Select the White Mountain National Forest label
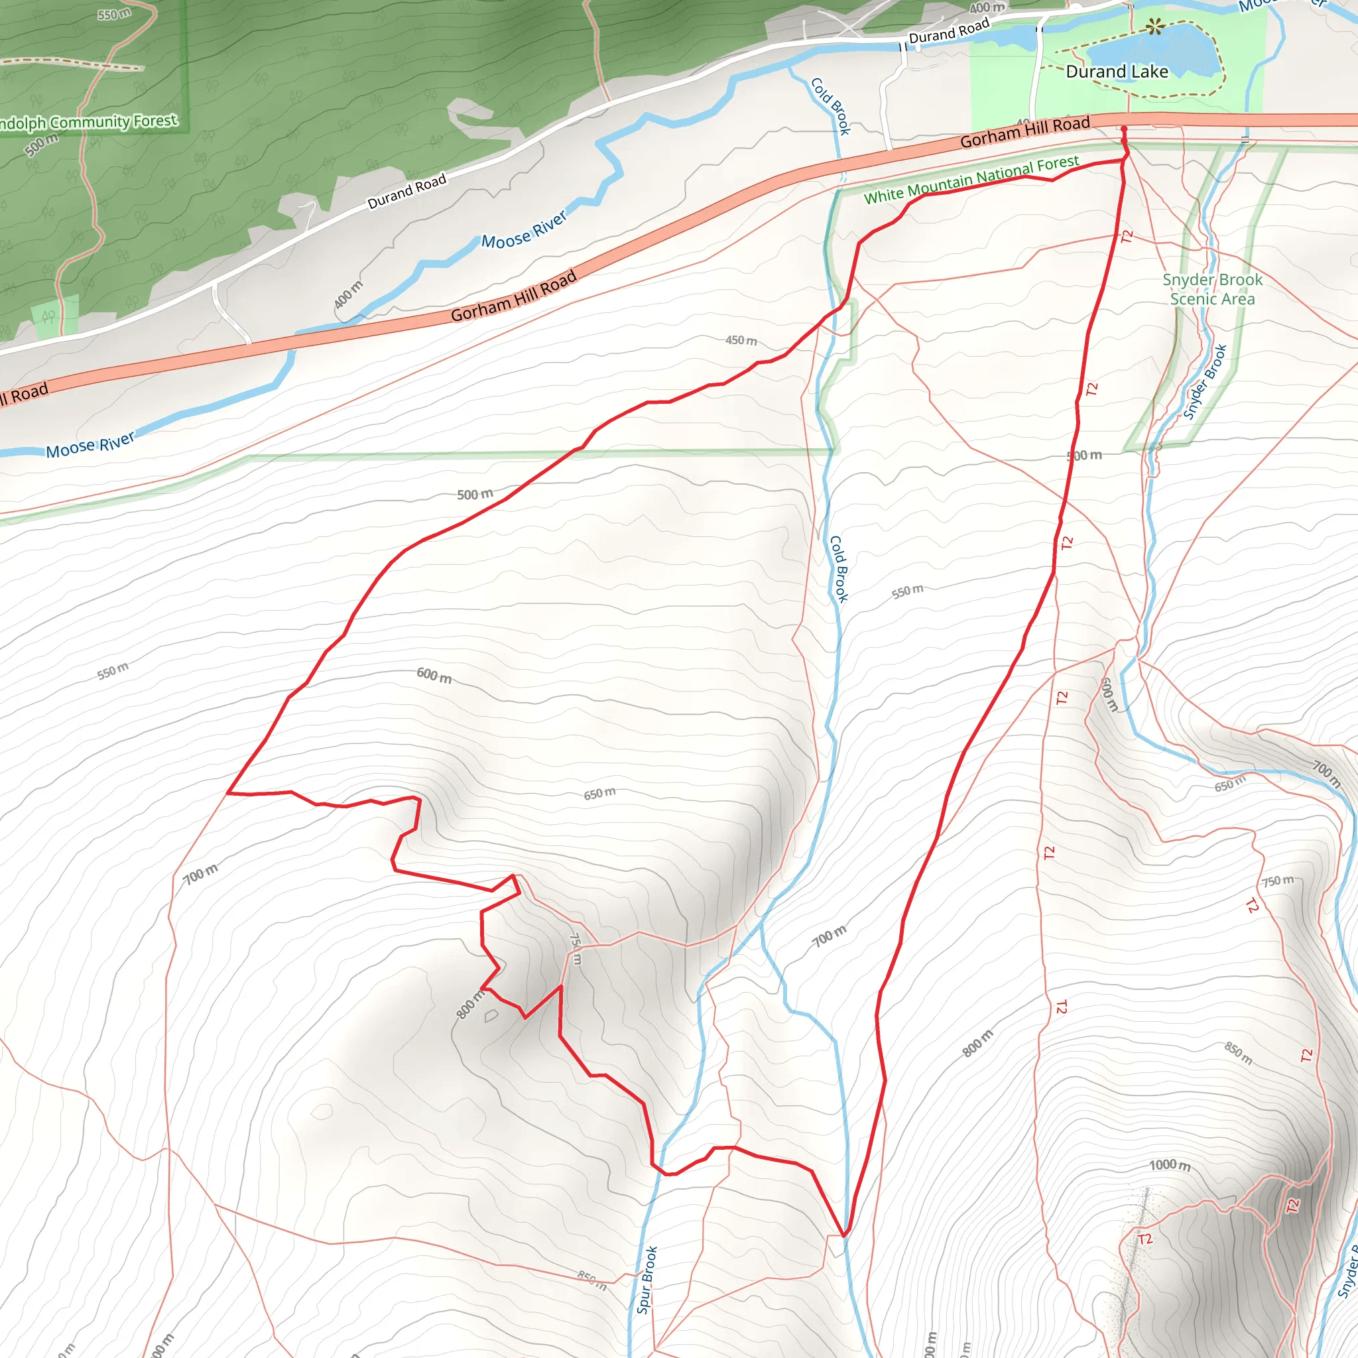(x=971, y=180)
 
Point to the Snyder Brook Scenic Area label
(x=1213, y=289)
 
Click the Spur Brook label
(x=647, y=1280)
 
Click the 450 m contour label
(x=741, y=340)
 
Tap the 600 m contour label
(x=434, y=676)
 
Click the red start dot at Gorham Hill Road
(x=1123, y=129)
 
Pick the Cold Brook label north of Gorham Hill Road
(x=831, y=106)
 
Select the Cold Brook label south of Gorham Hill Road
(x=839, y=569)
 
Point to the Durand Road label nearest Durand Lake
(x=949, y=32)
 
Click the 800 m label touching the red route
(x=470, y=1004)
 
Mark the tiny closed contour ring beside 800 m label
(x=491, y=1016)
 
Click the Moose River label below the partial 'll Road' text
(x=90, y=445)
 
